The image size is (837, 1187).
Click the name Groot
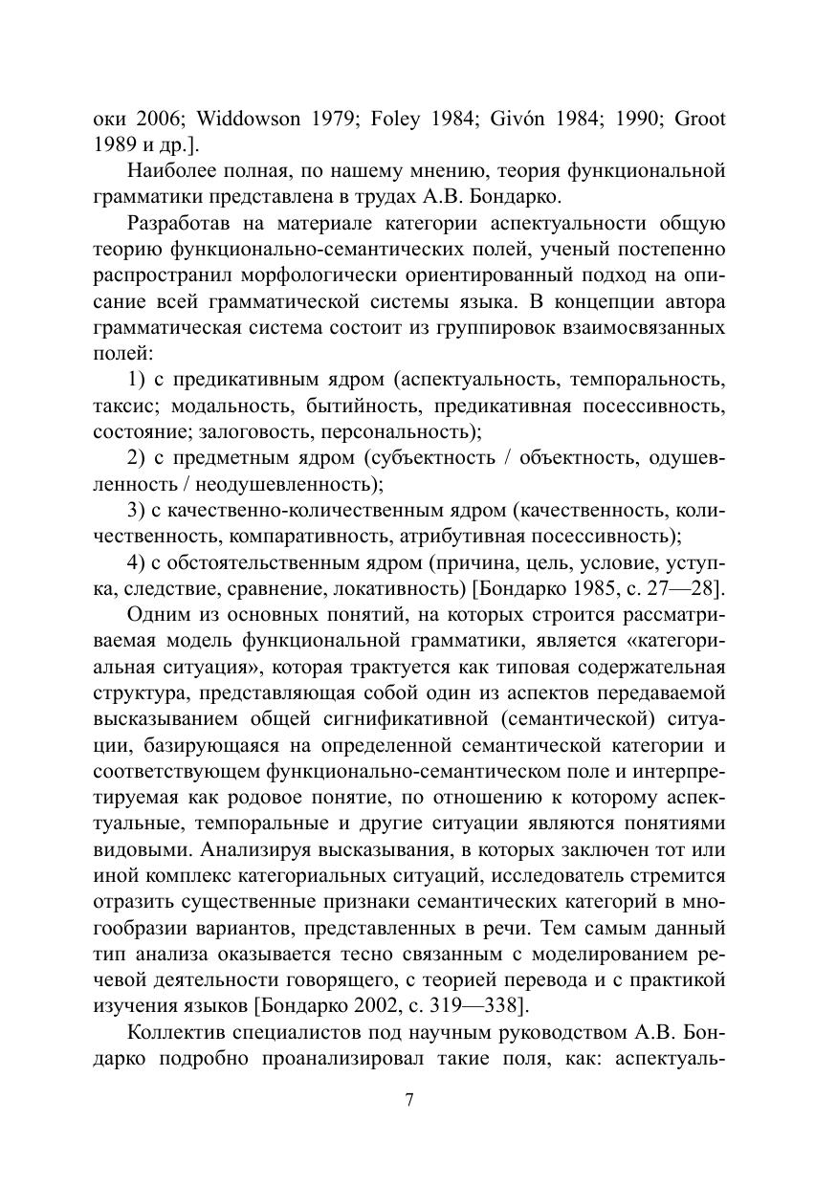[x=700, y=120]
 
